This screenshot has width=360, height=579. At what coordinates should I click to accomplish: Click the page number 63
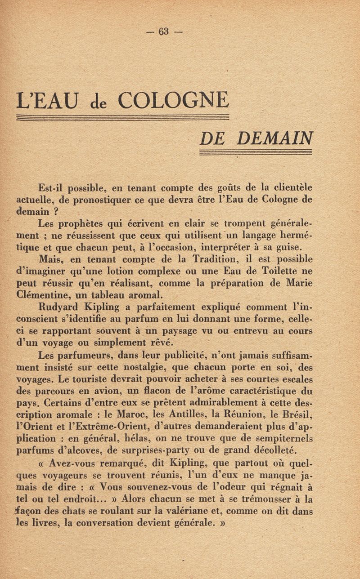tap(163, 31)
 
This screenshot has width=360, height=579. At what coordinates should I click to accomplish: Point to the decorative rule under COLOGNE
tap(123, 118)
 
